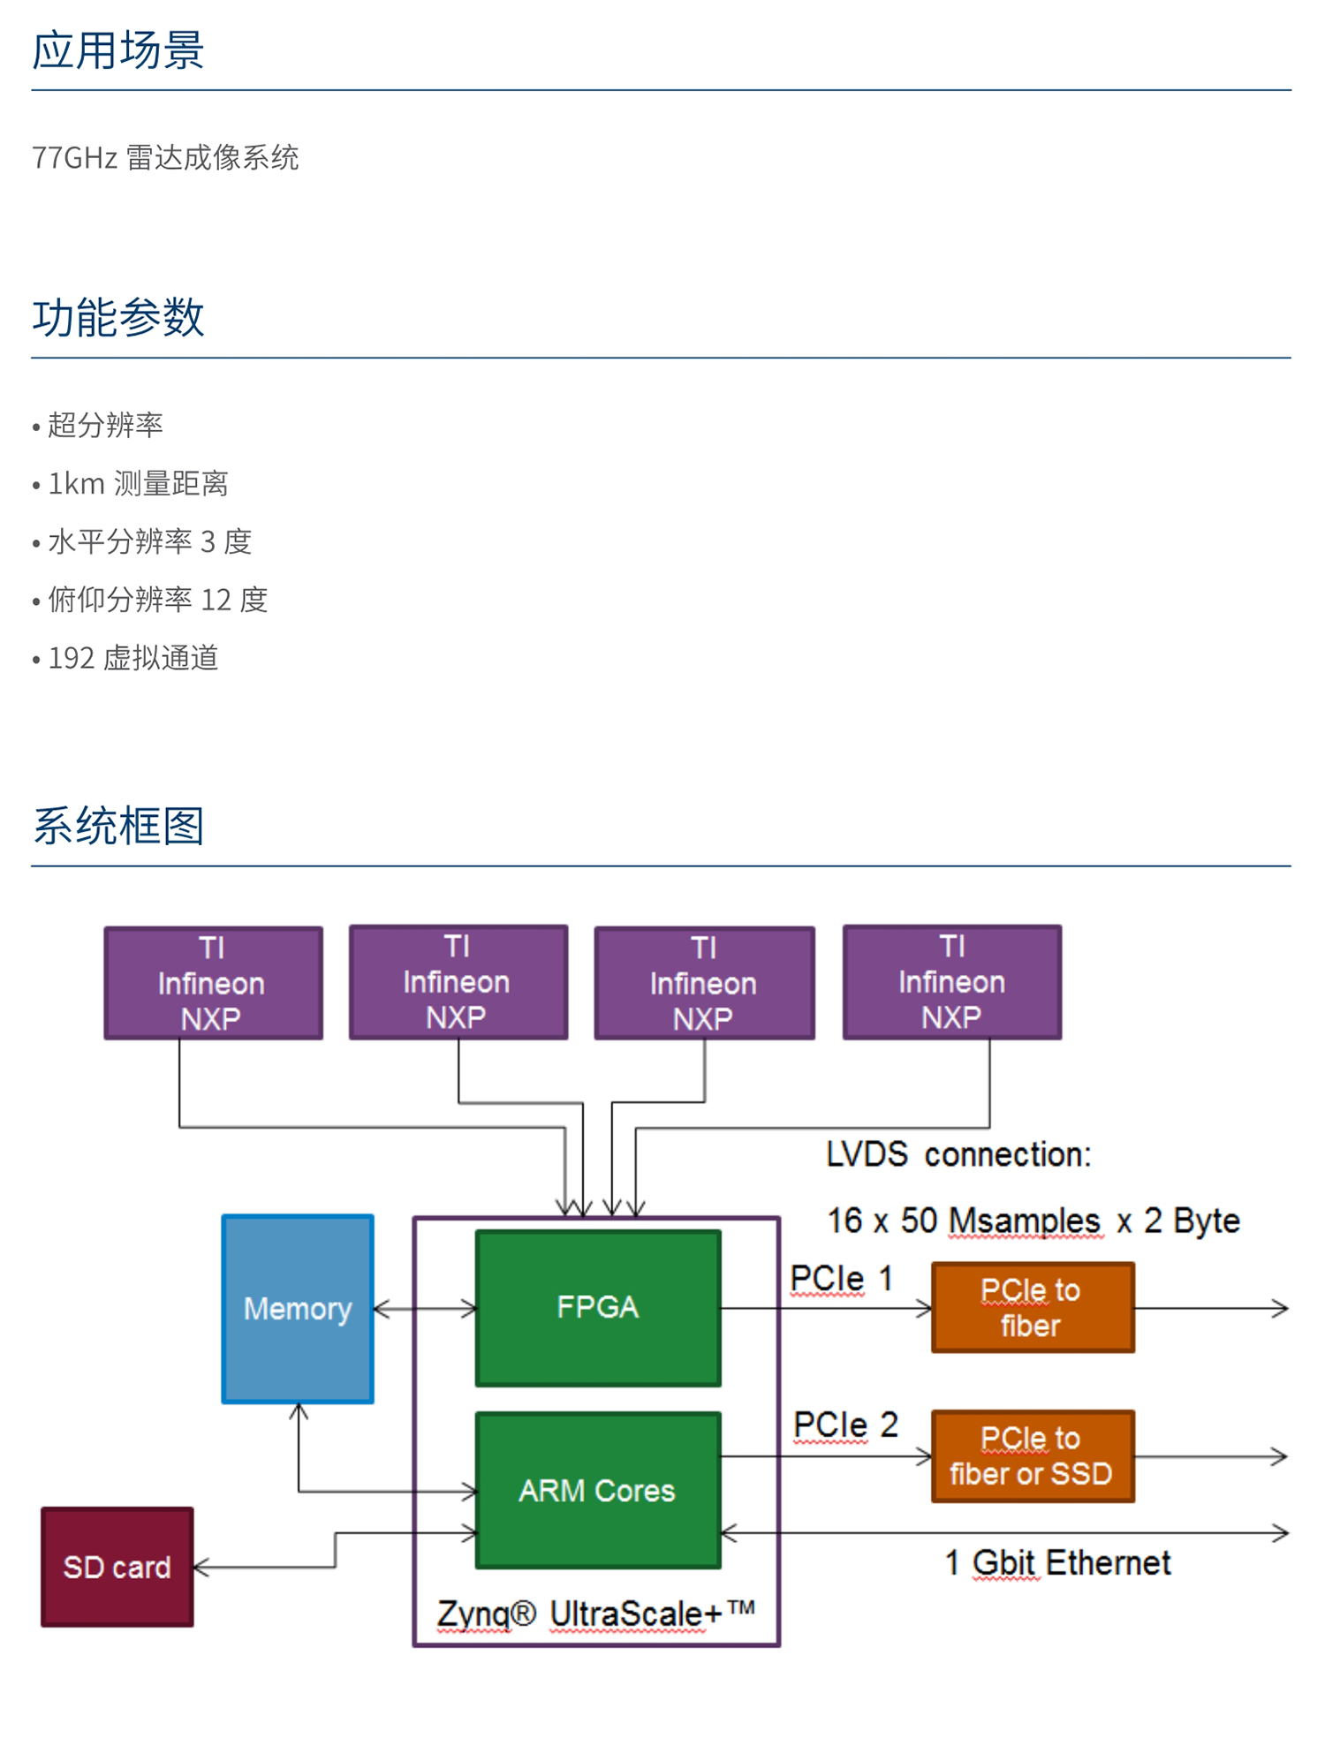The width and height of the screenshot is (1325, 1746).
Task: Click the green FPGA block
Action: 598,1307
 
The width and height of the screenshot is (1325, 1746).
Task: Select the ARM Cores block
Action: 598,1490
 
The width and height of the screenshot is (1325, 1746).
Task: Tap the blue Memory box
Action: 298,1308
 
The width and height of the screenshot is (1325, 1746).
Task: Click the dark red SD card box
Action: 117,1567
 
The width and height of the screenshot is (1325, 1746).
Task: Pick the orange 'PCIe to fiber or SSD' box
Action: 1032,1455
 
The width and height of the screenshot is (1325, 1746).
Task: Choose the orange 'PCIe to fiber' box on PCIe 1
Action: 1032,1307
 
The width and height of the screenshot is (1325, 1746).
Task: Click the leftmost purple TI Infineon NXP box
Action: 213,983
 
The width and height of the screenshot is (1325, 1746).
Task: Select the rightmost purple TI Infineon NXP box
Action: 951,982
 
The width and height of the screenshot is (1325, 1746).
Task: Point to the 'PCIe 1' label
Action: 841,1278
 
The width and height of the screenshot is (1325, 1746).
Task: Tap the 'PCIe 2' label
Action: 844,1425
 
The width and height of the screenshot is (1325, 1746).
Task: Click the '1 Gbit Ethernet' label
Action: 1057,1562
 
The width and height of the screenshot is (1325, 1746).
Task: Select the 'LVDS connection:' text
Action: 958,1154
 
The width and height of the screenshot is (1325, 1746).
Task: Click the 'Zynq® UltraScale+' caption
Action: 596,1614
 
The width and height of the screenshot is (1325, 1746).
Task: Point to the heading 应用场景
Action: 118,49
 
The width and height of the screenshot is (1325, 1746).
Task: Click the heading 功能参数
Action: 118,317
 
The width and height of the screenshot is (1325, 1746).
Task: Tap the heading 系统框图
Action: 118,826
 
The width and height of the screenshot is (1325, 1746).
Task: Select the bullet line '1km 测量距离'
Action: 138,483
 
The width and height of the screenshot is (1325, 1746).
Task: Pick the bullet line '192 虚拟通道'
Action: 132,658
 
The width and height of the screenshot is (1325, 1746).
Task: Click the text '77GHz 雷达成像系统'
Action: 165,157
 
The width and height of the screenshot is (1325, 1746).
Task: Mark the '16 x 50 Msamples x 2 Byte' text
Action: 1033,1221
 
